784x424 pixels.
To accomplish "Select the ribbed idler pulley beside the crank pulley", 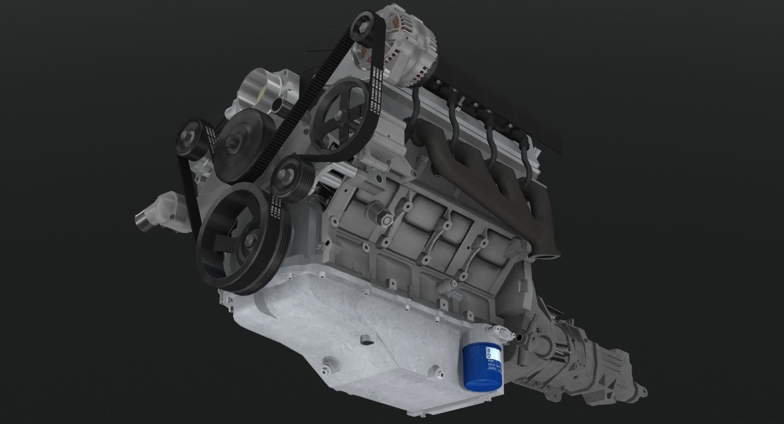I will click(x=289, y=177).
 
